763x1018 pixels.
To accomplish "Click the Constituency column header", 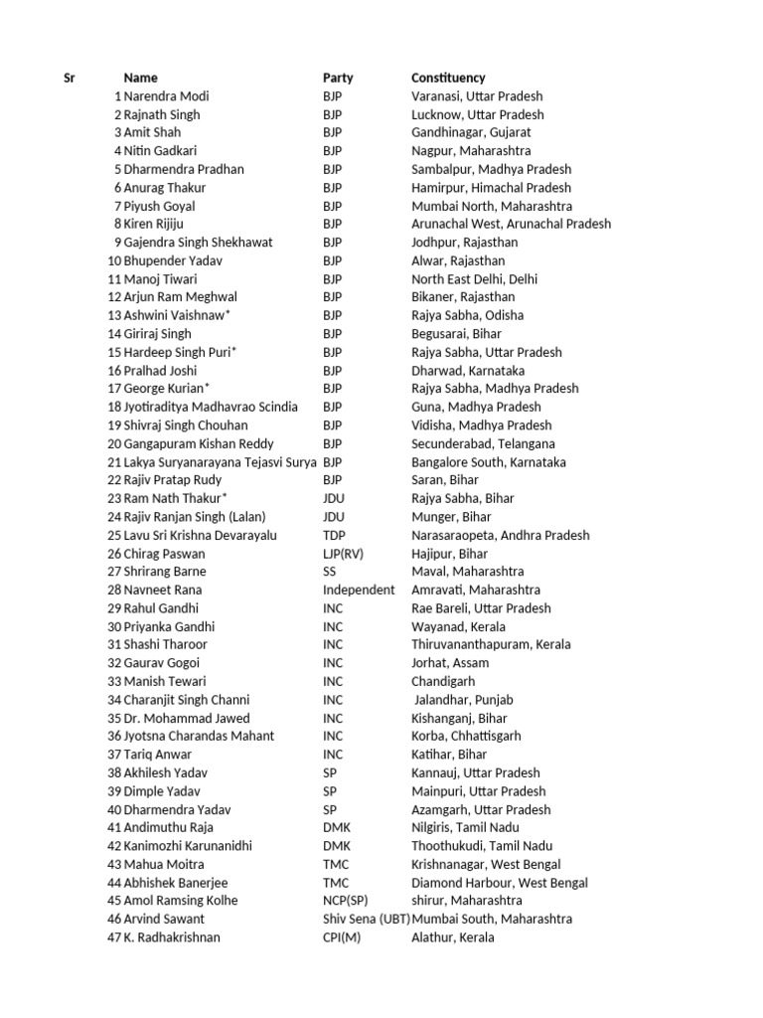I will tap(448, 78).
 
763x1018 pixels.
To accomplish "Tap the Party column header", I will tap(338, 78).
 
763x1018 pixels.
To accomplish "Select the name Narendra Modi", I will tap(166, 96).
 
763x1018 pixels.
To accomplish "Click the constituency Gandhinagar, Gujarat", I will tap(471, 132).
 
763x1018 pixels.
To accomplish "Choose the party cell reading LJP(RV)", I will tap(344, 554).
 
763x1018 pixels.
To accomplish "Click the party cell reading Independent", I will tap(358, 590).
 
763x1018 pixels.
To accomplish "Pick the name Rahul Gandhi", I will tap(161, 608).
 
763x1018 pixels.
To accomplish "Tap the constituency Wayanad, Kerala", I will tap(458, 626).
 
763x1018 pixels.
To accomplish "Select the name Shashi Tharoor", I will tap(165, 644).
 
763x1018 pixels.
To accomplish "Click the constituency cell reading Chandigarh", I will tap(443, 681).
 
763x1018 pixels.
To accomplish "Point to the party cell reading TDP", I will tap(334, 535).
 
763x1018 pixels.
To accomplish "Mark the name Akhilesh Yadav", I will tap(169, 772).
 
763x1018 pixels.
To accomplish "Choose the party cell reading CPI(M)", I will tap(342, 937).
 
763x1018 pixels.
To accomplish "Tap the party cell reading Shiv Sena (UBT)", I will tap(367, 919).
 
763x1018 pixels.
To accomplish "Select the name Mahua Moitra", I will tap(164, 864).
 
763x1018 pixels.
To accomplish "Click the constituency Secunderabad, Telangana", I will tap(483, 443).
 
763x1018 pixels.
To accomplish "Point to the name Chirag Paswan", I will tap(165, 554).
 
